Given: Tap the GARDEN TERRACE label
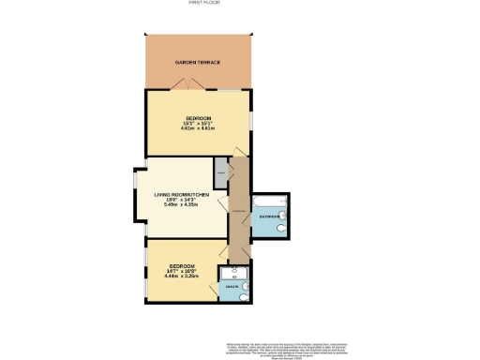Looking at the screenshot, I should (x=198, y=62).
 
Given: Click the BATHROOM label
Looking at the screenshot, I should (x=269, y=217).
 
